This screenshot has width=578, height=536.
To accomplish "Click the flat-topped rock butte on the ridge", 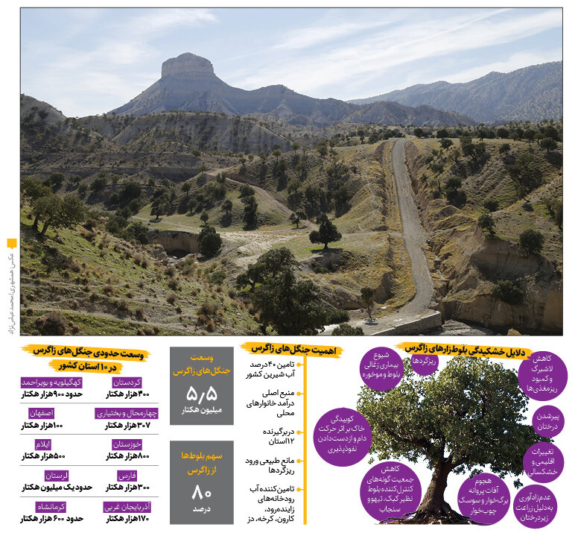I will [187, 68].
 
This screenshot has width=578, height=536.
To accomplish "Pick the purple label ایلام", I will [42, 444].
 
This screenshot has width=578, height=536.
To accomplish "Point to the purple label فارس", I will [127, 475].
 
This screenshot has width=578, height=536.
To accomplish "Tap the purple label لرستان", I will [46, 475].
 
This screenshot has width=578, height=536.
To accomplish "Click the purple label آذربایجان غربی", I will [127, 506].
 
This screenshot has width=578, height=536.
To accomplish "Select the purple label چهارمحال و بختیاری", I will [127, 413].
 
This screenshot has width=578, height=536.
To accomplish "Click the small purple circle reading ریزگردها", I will [425, 361].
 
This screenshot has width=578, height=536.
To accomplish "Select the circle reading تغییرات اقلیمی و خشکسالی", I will [544, 462].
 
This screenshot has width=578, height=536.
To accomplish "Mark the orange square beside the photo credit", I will [11, 243].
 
